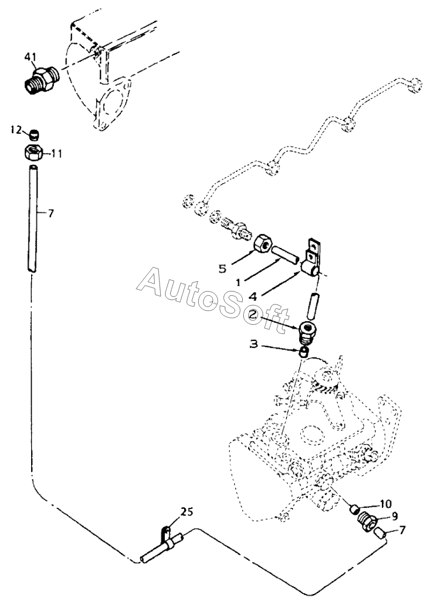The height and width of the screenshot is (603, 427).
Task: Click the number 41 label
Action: [x=31, y=56]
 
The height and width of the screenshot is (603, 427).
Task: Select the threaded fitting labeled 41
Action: [x=41, y=79]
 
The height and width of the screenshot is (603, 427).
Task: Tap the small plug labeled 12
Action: [x=34, y=134]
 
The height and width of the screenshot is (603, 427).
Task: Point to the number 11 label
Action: [x=56, y=154]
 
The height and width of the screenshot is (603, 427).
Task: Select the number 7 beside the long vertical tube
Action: [x=51, y=213]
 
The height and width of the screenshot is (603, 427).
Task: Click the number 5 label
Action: [x=222, y=267]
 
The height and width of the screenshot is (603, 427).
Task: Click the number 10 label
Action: [x=387, y=504]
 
